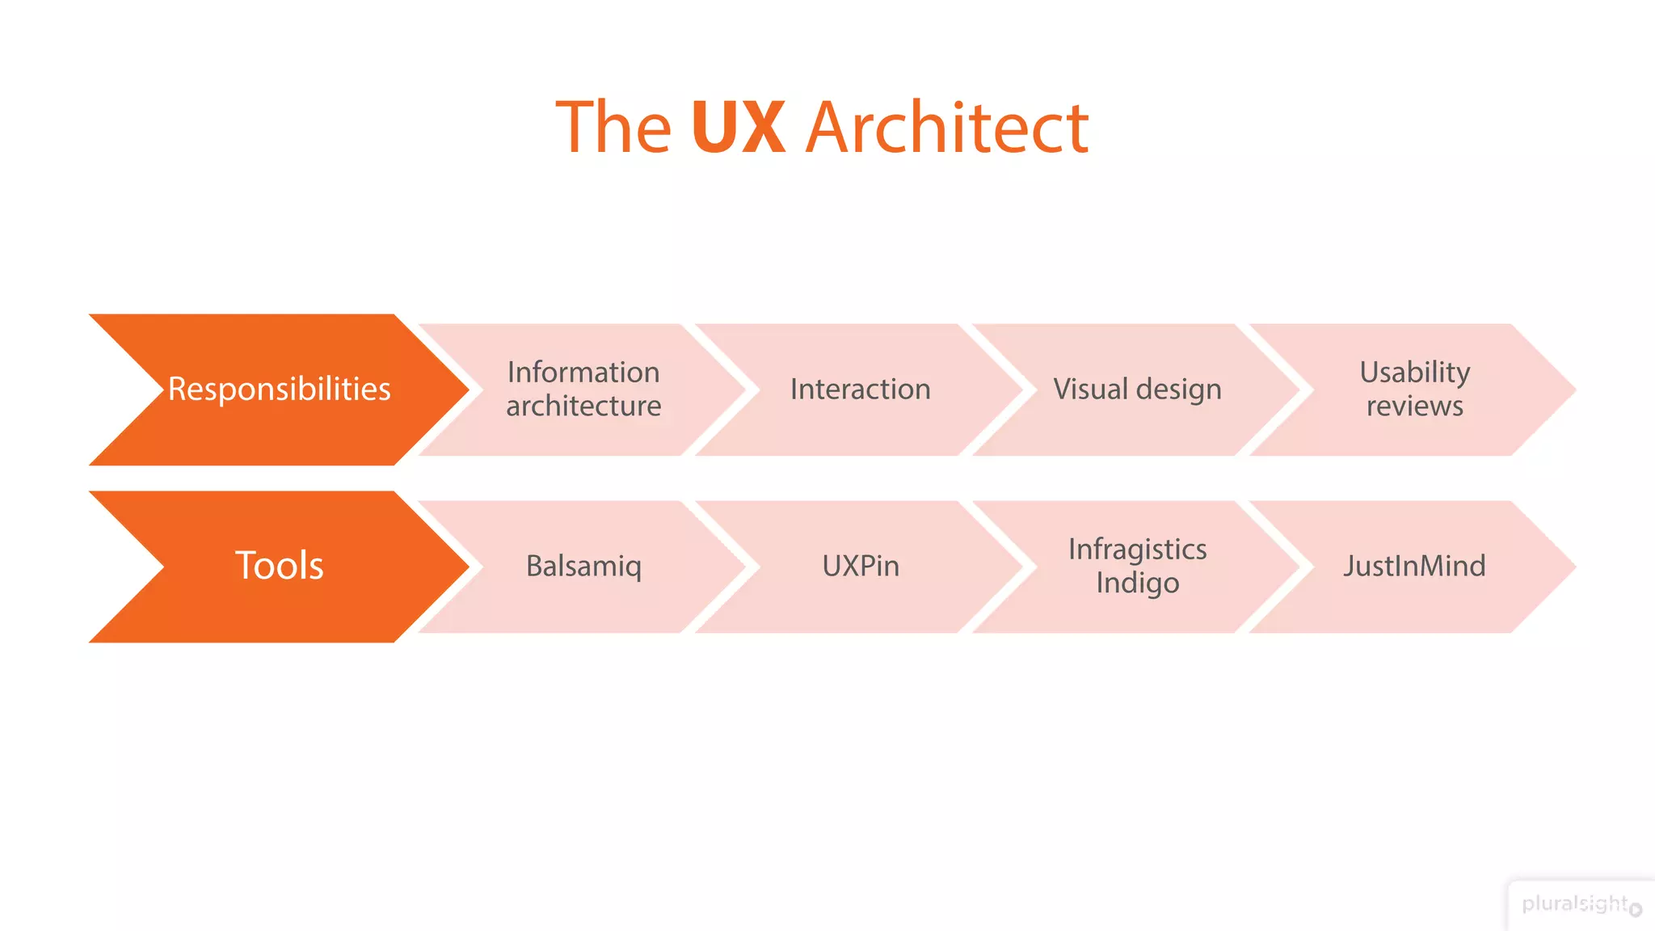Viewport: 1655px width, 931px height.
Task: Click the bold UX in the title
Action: click(738, 127)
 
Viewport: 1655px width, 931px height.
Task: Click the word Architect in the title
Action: click(947, 127)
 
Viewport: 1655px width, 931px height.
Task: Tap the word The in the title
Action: click(613, 127)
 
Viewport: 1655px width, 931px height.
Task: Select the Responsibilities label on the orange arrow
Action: click(279, 390)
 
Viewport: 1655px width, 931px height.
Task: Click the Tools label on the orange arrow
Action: click(279, 566)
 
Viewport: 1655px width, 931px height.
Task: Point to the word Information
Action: click(583, 373)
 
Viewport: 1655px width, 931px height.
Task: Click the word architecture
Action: click(583, 406)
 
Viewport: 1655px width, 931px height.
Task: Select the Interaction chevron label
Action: click(860, 390)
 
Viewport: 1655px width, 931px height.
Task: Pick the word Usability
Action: click(1414, 373)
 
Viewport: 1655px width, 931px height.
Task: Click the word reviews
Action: click(1414, 406)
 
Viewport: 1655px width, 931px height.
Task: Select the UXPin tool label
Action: click(860, 566)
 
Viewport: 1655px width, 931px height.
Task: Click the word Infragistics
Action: click(1137, 550)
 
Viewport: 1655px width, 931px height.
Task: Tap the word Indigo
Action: click(1137, 583)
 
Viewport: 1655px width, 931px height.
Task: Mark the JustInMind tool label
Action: click(1414, 566)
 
